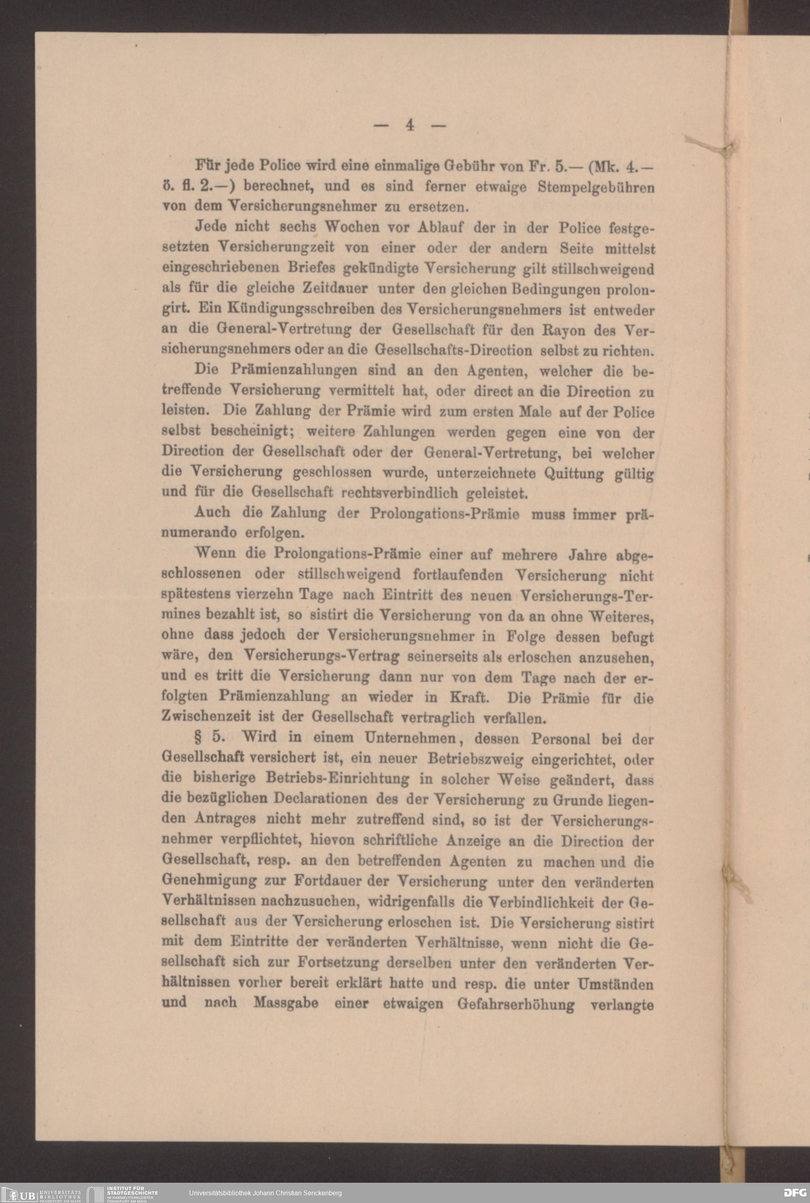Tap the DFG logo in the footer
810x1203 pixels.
point(794,1192)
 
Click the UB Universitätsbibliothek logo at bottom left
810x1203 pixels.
point(42,1192)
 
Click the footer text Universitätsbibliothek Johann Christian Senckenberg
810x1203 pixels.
point(265,1192)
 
